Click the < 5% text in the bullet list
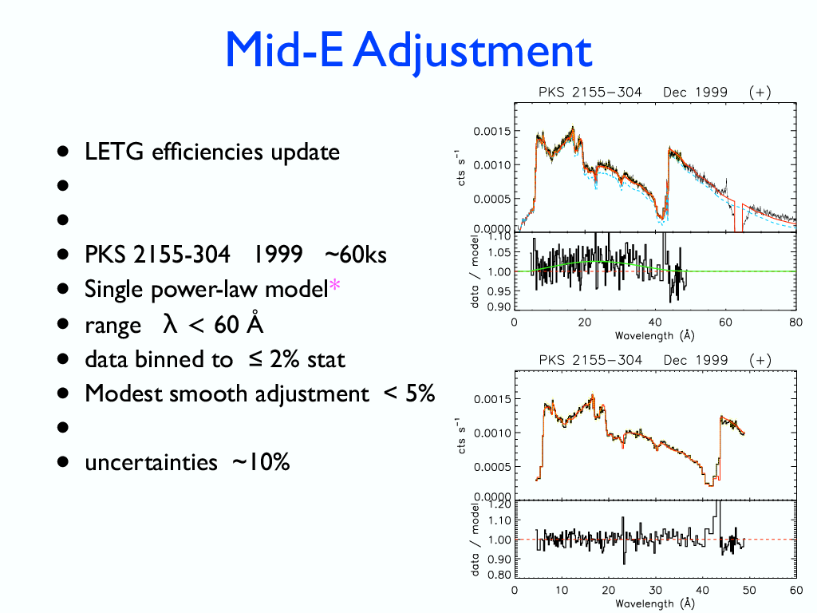(x=409, y=394)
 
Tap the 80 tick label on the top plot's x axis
(x=795, y=322)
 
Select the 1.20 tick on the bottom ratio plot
(x=499, y=504)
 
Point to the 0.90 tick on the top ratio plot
(x=499, y=306)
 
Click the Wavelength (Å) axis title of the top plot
(x=654, y=335)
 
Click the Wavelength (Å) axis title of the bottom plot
(x=654, y=603)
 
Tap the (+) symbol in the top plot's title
(x=760, y=92)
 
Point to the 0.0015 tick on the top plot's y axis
(x=491, y=131)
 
